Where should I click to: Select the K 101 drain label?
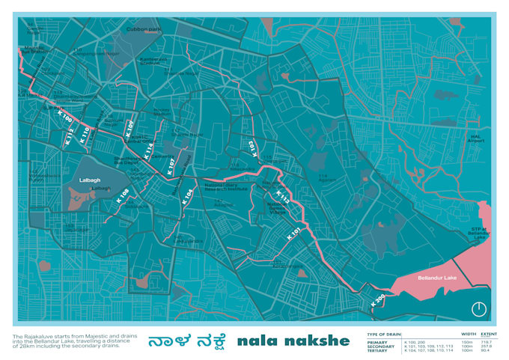coord(295,233)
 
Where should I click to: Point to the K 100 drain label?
coord(65,119)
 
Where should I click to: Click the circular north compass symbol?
coord(478,309)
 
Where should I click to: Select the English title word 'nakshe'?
coord(316,341)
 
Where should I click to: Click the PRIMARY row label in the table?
coord(378,343)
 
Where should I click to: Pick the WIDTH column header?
coord(469,335)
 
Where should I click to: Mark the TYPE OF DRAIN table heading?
coord(384,335)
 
